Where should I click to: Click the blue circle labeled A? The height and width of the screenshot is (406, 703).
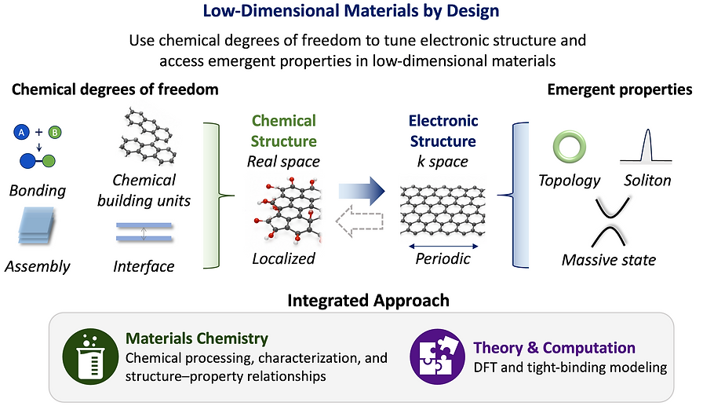pyautogui.click(x=21, y=133)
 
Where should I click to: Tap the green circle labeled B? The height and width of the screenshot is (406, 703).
pyautogui.click(x=55, y=133)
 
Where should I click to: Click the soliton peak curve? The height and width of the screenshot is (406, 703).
pyautogui.click(x=646, y=146)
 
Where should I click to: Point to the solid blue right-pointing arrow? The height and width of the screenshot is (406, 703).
pyautogui.click(x=362, y=191)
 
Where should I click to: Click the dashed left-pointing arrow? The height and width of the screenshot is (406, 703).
pyautogui.click(x=359, y=221)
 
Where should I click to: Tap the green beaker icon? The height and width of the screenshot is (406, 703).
pyautogui.click(x=90, y=357)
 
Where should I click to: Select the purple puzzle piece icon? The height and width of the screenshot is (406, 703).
pyautogui.click(x=438, y=357)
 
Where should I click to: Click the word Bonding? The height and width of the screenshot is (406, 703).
pyautogui.click(x=38, y=191)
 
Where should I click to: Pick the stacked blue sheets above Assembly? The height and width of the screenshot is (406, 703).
pyautogui.click(x=36, y=225)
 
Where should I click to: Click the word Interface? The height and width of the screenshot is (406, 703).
pyautogui.click(x=144, y=266)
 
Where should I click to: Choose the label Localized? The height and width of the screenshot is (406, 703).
pyautogui.click(x=283, y=258)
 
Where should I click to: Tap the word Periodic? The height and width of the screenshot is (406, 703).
pyautogui.click(x=443, y=258)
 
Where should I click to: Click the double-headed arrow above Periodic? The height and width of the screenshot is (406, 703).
pyautogui.click(x=443, y=246)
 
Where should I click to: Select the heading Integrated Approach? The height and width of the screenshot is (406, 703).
pyautogui.click(x=368, y=301)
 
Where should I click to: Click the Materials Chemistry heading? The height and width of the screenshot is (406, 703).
pyautogui.click(x=197, y=338)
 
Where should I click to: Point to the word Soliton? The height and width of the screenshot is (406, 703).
pyautogui.click(x=647, y=181)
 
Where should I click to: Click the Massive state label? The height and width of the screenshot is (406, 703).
pyautogui.click(x=608, y=260)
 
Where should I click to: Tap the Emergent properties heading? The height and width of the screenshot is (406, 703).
pyautogui.click(x=620, y=90)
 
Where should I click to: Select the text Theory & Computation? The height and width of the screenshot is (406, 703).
pyautogui.click(x=554, y=348)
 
